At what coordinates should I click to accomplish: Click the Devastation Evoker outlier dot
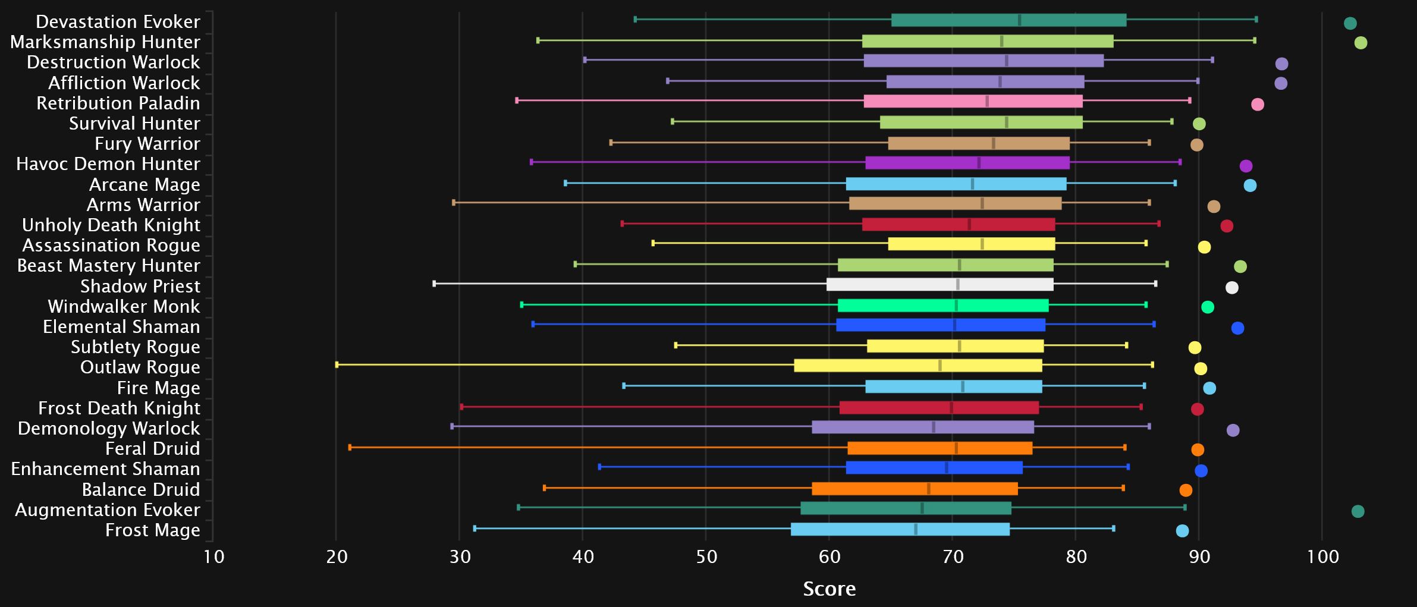[x=1350, y=24]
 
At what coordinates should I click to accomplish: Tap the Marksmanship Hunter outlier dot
[x=1361, y=43]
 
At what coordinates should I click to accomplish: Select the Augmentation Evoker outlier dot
[x=1358, y=511]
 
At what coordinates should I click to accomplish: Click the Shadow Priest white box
[x=940, y=285]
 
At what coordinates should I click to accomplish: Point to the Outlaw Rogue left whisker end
[x=337, y=364]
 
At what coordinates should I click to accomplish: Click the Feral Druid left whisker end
[x=350, y=447]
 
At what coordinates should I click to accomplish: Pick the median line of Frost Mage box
[x=916, y=529]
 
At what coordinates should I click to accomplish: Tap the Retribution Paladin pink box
[x=973, y=101]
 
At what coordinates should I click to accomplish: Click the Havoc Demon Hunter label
[x=108, y=164]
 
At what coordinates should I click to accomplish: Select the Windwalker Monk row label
[x=124, y=307]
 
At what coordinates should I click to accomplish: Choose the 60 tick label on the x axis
[x=830, y=557]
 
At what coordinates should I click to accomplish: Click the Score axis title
[x=830, y=589]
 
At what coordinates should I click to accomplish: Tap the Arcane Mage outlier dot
[x=1250, y=185]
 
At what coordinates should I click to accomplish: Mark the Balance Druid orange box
[x=915, y=489]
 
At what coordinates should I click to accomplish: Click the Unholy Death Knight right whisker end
[x=1159, y=224]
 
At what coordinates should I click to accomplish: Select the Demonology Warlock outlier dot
[x=1233, y=430]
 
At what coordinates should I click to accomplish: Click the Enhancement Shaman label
[x=106, y=469]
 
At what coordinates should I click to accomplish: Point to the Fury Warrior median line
[x=994, y=143]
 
